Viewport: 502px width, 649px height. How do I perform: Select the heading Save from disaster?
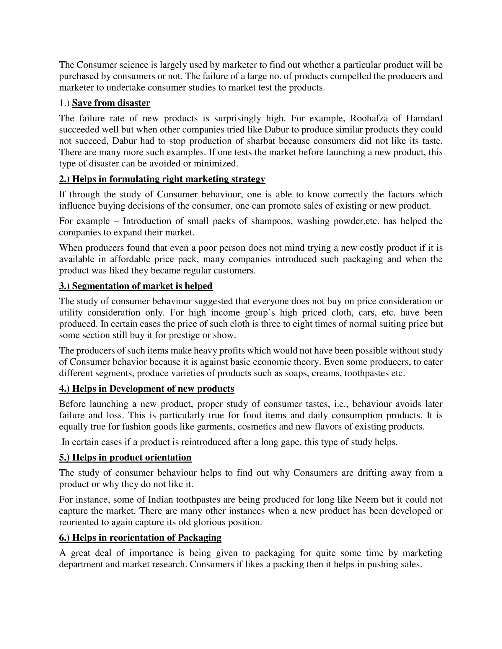tap(111, 103)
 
